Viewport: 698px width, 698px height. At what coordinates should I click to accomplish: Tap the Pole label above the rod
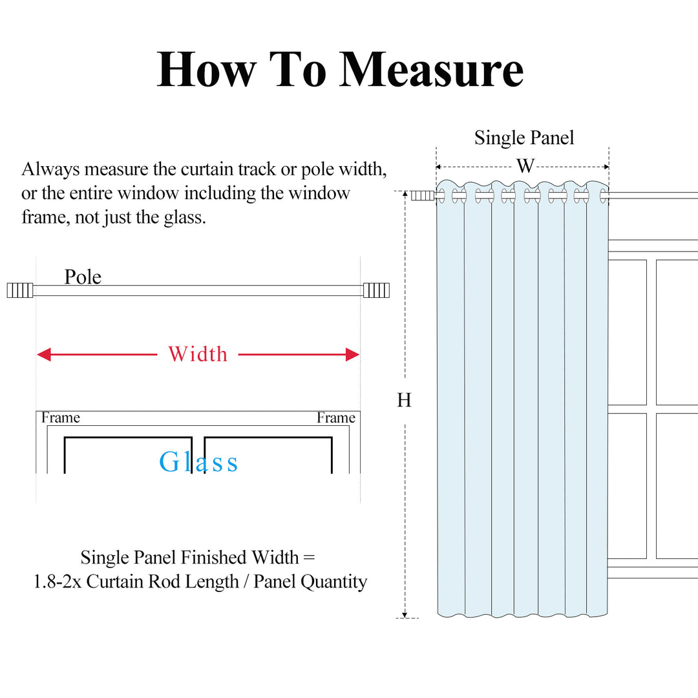click(x=83, y=277)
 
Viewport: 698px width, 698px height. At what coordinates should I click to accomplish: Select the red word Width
click(x=198, y=354)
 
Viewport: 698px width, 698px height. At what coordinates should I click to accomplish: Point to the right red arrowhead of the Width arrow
click(x=352, y=354)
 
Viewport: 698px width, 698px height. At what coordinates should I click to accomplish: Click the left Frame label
click(x=61, y=418)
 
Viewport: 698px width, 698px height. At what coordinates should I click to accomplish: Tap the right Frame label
click(x=336, y=418)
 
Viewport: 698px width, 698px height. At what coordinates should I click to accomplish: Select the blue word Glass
click(x=198, y=462)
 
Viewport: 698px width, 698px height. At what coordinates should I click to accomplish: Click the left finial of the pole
click(x=19, y=291)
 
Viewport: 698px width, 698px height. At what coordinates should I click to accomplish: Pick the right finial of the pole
click(x=376, y=290)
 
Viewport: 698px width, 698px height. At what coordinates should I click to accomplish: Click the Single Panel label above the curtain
click(x=524, y=138)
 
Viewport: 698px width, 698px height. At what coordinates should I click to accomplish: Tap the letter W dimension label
click(x=525, y=166)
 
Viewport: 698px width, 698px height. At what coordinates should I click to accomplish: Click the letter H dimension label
click(x=404, y=401)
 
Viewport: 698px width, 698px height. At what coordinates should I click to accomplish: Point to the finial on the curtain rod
click(x=422, y=195)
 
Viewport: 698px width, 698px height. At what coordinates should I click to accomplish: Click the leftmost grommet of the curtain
click(x=441, y=195)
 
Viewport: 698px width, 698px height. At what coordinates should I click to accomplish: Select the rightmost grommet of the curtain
click(x=602, y=195)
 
